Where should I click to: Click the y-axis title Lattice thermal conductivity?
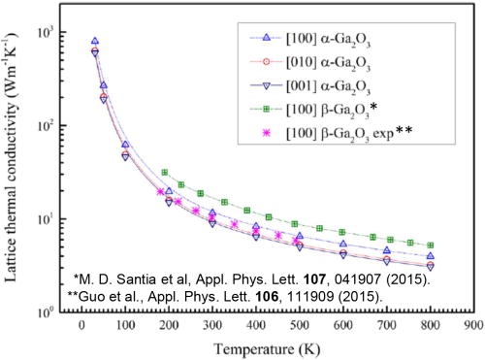click(13, 160)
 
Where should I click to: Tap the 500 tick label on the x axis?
click(300, 327)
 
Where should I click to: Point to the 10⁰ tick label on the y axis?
click(38, 312)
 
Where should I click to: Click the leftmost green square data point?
click(165, 173)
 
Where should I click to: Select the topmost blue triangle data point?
click(94, 42)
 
